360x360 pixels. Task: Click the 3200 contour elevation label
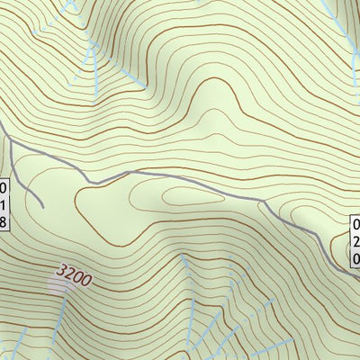74,274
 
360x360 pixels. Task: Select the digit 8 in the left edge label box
3,221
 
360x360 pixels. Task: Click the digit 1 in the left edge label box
3,205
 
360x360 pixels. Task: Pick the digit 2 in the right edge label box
356,242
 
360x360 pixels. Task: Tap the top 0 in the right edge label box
356,226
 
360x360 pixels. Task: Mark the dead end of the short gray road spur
42,206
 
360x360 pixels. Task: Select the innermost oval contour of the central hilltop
184,198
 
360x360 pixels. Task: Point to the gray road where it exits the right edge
358,274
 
